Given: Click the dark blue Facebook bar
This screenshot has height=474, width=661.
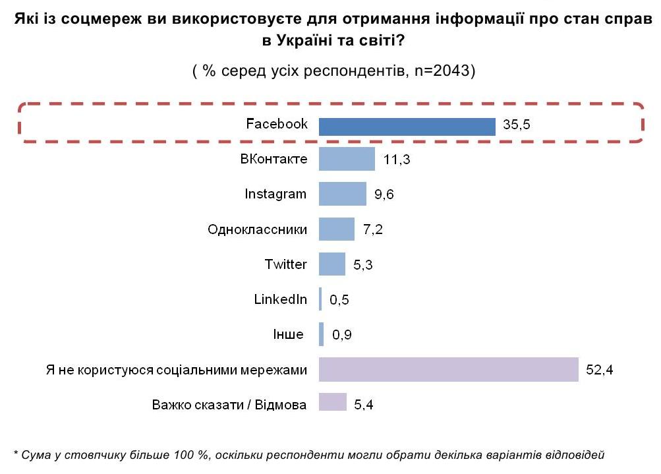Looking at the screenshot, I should point(407,126).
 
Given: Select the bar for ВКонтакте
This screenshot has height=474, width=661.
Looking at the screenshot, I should point(347,159).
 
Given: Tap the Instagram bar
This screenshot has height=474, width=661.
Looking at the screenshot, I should point(342,194).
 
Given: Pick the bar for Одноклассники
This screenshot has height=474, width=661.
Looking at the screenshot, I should point(336,229).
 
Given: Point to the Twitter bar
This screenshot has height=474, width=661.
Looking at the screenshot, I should point(331,264).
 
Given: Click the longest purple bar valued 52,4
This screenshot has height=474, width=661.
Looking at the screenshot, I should point(448,369).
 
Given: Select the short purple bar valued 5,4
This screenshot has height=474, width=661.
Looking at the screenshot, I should point(332,402).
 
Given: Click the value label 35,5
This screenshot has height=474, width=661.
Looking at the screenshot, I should point(517,126).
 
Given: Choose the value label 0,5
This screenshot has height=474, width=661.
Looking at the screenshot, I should point(339,300).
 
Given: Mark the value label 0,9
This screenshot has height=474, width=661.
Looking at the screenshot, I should point(341,335).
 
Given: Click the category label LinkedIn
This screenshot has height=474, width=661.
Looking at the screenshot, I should point(281,299).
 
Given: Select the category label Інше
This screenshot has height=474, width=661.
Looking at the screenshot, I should point(288,334).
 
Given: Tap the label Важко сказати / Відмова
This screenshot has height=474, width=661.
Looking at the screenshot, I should point(229,404).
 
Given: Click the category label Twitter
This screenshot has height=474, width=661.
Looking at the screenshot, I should point(286,264).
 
